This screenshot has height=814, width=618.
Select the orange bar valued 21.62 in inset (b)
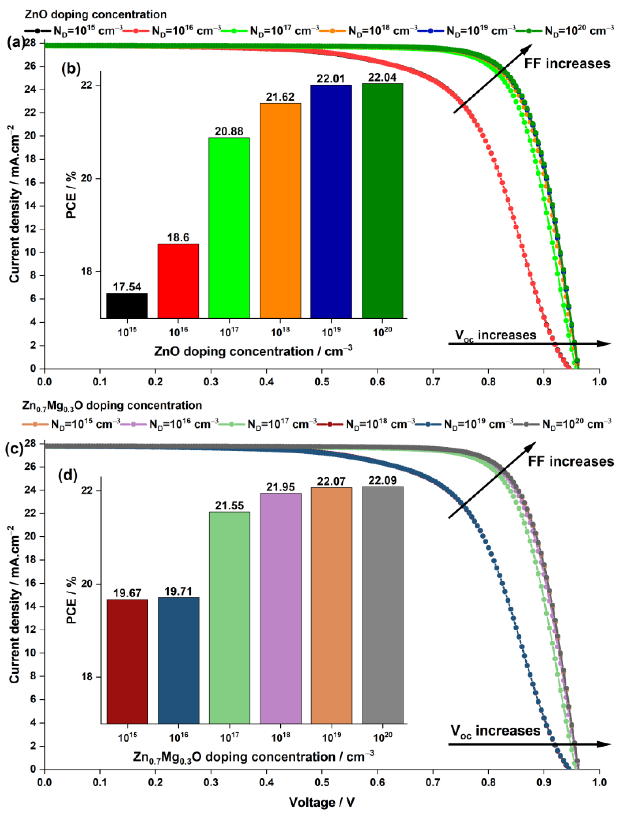coord(280,210)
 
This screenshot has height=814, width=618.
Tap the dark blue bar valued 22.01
coord(331,201)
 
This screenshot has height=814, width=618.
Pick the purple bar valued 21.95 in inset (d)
coord(280,608)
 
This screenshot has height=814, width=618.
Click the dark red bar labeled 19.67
coord(127,661)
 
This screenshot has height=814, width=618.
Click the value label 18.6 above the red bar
coord(178,237)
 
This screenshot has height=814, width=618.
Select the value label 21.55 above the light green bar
coord(230,506)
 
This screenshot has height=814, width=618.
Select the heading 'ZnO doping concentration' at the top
coord(96,15)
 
